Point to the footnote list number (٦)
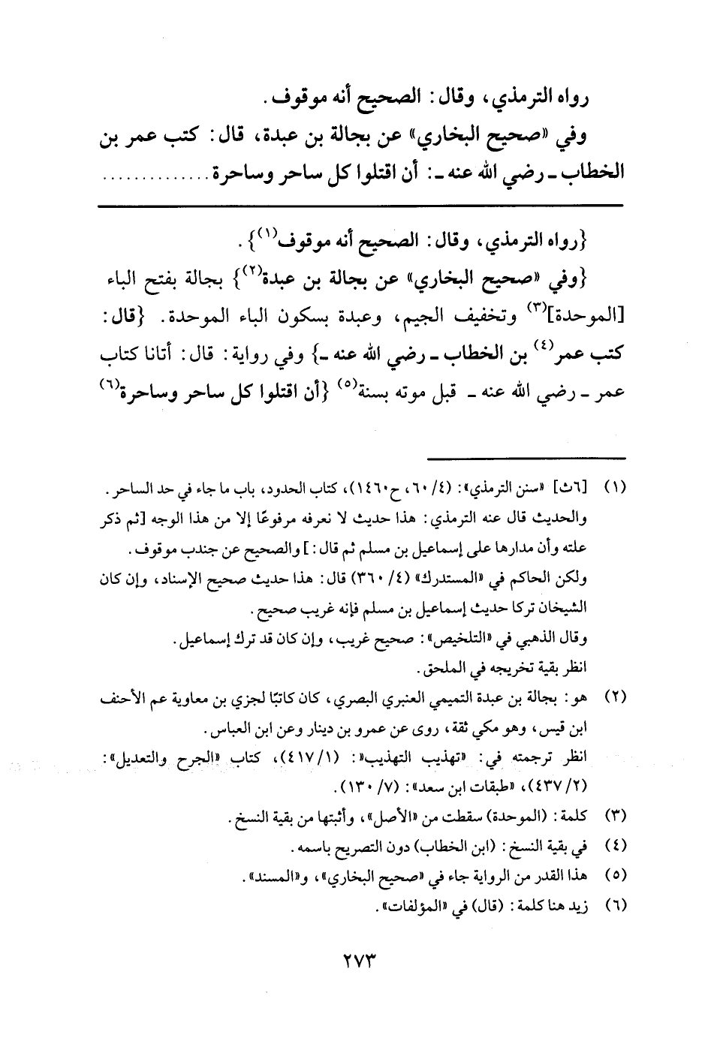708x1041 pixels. tap(613, 906)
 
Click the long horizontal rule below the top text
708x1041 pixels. tap(360, 205)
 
